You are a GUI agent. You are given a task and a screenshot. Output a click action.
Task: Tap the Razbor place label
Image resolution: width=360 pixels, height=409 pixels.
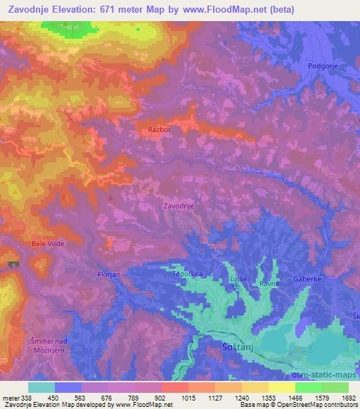[x=160, y=130]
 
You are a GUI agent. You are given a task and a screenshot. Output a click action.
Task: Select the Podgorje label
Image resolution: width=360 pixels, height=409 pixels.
[x=323, y=66]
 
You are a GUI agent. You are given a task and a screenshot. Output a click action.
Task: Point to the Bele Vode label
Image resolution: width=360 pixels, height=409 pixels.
[x=48, y=244]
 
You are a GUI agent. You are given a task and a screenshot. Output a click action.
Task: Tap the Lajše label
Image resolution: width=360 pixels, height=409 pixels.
[x=237, y=280]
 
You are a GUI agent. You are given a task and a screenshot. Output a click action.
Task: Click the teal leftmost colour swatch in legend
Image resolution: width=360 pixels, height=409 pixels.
[x=41, y=387]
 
